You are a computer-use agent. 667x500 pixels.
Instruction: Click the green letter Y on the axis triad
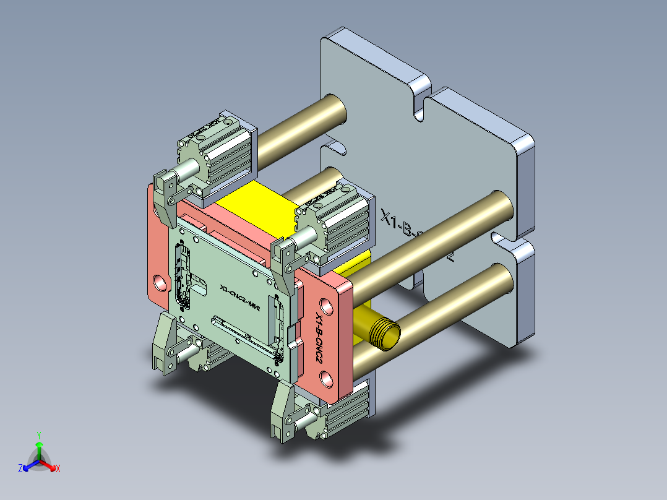click(38, 434)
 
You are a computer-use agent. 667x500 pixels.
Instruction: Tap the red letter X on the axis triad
click(58, 469)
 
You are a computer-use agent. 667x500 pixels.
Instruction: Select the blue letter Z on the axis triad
click(20, 468)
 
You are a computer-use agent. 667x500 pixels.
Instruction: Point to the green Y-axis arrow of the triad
click(39, 448)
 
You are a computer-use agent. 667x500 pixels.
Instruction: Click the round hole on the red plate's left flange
click(160, 282)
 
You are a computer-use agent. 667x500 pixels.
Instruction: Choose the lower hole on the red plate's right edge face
click(326, 377)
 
